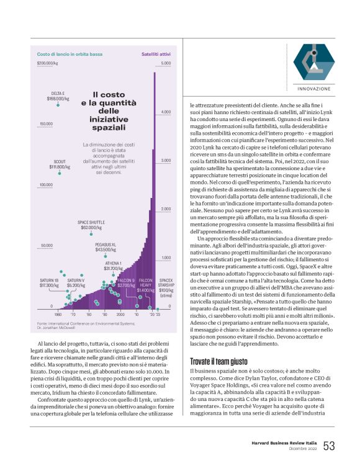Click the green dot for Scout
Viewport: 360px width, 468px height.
[x=60, y=173]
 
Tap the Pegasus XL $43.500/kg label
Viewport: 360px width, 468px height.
[x=106, y=248]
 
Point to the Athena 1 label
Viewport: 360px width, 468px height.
[x=113, y=266]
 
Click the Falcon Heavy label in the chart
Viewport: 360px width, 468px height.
[x=145, y=287]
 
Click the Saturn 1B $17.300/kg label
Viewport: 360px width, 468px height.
[x=49, y=283]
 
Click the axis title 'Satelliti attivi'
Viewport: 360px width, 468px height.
[x=156, y=54]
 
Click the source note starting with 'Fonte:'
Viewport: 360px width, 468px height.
[x=78, y=326]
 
